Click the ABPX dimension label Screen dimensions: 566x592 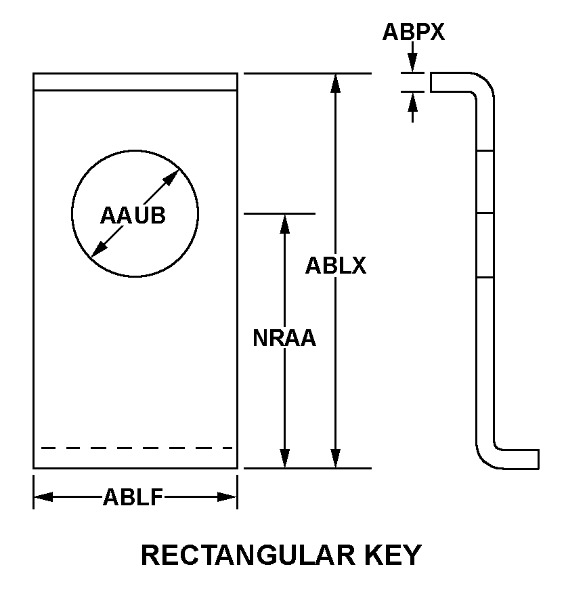pyautogui.click(x=414, y=32)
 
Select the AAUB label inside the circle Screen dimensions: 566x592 pyautogui.click(x=133, y=215)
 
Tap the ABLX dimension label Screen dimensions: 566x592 pyautogui.click(x=335, y=266)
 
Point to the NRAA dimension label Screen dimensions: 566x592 pyautogui.click(x=284, y=338)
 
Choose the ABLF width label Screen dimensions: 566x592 pyautogui.click(x=133, y=497)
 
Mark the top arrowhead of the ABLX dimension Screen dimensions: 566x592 pyautogui.click(x=335, y=83)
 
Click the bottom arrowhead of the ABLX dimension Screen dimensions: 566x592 pyautogui.click(x=335, y=459)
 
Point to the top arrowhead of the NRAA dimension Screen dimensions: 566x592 pyautogui.click(x=285, y=224)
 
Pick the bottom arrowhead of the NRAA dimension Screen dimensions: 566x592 pyautogui.click(x=285, y=459)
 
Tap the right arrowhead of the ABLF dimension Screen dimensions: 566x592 pyautogui.click(x=227, y=497)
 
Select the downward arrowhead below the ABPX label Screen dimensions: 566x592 pyautogui.click(x=413, y=63)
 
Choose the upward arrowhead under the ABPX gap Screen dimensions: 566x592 pyautogui.click(x=413, y=101)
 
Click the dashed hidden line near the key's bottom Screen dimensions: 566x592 pyautogui.click(x=137, y=448)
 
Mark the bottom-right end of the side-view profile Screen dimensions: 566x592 pyautogui.click(x=538, y=459)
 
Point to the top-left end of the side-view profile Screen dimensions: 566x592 pyautogui.click(x=431, y=82)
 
